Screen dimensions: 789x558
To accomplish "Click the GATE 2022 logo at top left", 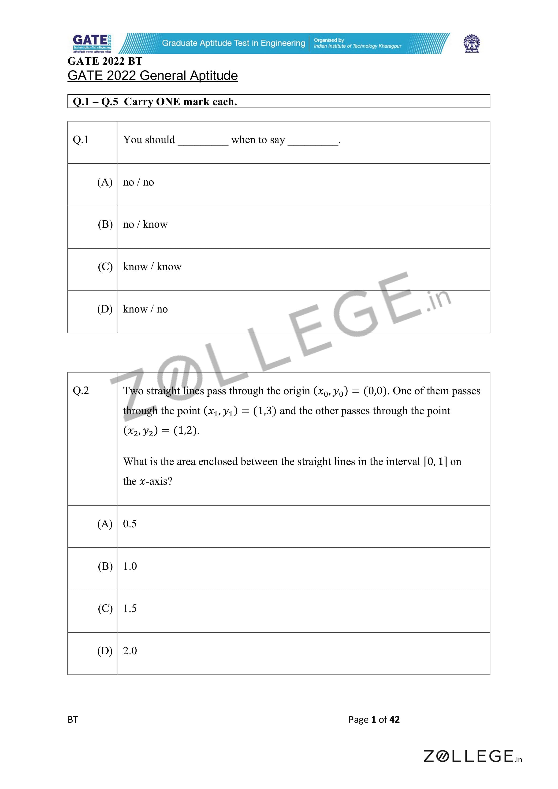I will (x=92, y=44).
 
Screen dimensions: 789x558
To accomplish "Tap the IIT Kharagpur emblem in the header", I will (x=472, y=44).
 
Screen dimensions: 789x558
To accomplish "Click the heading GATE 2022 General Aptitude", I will (x=153, y=76).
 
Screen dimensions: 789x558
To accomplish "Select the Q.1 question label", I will (x=81, y=140).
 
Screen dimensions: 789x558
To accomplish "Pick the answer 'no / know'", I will (x=145, y=224).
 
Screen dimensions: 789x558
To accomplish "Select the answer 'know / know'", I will (x=152, y=267).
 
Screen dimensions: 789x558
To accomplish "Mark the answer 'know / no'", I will (x=145, y=309).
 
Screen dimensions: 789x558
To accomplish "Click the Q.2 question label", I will (x=81, y=391).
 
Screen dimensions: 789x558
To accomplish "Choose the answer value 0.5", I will (x=130, y=524).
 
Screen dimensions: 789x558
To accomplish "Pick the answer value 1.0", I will (x=130, y=566).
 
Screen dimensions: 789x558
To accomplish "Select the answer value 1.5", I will (x=130, y=608).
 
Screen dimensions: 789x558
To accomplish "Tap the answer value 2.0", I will (x=130, y=651).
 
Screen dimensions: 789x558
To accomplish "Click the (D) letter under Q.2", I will (x=105, y=651).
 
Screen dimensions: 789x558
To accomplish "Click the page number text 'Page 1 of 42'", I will (x=374, y=719).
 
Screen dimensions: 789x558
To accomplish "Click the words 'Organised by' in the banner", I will (x=329, y=40).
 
